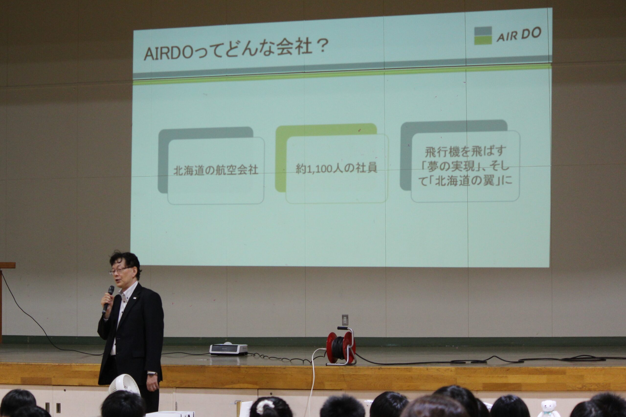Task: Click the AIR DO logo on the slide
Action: (508, 35)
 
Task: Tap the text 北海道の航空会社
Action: (216, 170)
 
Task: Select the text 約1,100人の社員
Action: (336, 168)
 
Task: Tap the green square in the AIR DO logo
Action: (483, 40)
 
